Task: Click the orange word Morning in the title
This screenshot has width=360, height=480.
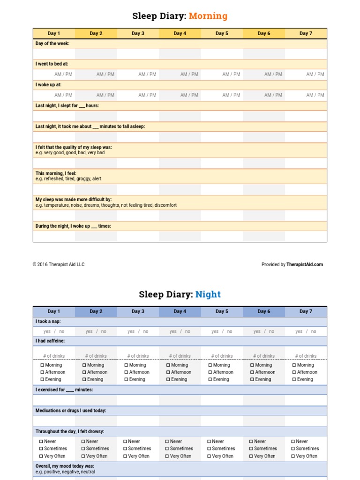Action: point(208,16)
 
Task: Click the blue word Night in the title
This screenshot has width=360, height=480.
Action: point(208,294)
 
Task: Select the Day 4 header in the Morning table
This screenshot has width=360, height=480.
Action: point(180,33)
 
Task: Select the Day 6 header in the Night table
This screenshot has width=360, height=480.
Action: point(264,311)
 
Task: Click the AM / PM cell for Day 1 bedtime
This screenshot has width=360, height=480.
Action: point(63,74)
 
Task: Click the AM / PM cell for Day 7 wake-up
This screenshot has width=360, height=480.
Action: point(315,95)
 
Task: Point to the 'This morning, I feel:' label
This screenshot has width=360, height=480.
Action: point(56,173)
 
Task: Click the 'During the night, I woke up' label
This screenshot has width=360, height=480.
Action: point(73,226)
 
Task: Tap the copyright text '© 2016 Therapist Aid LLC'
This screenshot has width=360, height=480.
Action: point(59,264)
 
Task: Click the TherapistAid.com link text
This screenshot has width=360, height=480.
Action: point(305,264)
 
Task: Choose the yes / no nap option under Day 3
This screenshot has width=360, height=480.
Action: point(138,331)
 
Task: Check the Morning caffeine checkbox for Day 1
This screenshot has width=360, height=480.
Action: point(42,365)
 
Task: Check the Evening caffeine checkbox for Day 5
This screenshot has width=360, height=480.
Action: point(210,380)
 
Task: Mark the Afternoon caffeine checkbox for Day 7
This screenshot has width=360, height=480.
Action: point(294,373)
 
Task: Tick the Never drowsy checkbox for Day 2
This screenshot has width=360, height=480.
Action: point(83,442)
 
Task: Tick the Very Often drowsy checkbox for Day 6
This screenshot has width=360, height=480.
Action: point(251,456)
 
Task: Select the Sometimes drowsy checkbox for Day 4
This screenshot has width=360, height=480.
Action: point(167,449)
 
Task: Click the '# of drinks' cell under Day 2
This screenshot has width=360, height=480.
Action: point(96,356)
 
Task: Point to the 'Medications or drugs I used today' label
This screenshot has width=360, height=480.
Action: point(71,411)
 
